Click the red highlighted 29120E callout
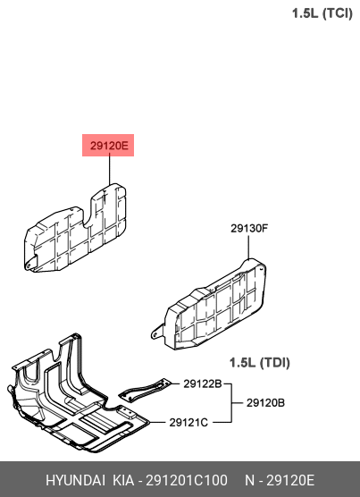point(108,145)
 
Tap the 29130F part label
point(249,228)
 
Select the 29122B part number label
point(203,383)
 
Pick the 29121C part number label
point(188,422)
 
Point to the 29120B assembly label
point(265,403)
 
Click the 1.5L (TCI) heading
point(322,13)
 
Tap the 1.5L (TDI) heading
point(259,363)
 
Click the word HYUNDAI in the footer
point(75,480)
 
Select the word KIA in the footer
point(123,480)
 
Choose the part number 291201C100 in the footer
point(186,480)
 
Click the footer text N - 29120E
point(280,480)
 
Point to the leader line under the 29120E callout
point(110,170)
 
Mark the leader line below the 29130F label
point(248,247)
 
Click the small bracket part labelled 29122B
point(144,390)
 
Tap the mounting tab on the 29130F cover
point(157,332)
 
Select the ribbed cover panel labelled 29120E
point(75,228)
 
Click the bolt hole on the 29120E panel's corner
point(29,264)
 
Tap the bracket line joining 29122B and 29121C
point(231,403)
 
